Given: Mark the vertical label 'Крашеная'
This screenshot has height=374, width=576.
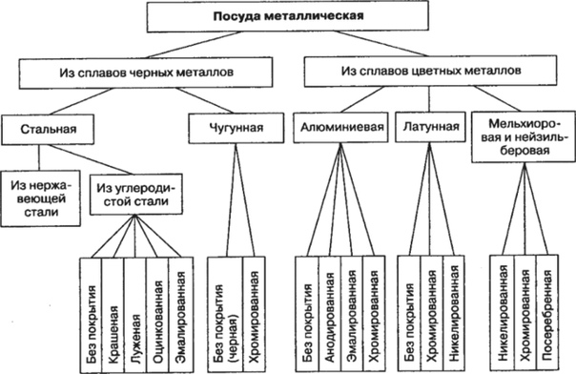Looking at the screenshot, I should tap(113, 312).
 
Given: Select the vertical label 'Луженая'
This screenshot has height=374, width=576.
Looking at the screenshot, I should tap(136, 312).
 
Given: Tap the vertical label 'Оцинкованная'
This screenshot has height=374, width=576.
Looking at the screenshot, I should tap(159, 312).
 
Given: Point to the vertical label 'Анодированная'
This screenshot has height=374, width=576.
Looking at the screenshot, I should tap(328, 312).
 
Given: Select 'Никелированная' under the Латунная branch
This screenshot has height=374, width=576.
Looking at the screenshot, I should tap(455, 312).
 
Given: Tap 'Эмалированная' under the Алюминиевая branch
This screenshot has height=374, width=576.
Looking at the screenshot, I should tap(351, 312).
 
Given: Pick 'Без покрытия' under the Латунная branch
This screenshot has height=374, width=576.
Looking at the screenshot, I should tap(409, 312).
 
